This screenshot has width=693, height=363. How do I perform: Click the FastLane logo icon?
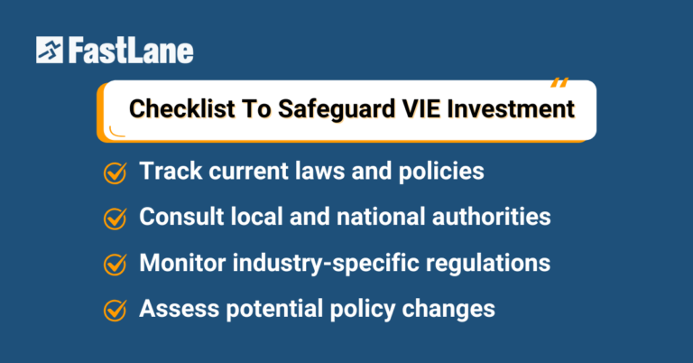click(50, 51)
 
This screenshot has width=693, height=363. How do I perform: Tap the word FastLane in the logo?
click(130, 51)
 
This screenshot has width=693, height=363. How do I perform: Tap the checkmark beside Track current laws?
click(115, 172)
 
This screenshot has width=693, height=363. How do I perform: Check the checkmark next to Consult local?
click(115, 218)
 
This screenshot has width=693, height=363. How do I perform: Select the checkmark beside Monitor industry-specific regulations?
click(115, 264)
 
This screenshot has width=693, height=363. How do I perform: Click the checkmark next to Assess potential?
click(115, 309)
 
